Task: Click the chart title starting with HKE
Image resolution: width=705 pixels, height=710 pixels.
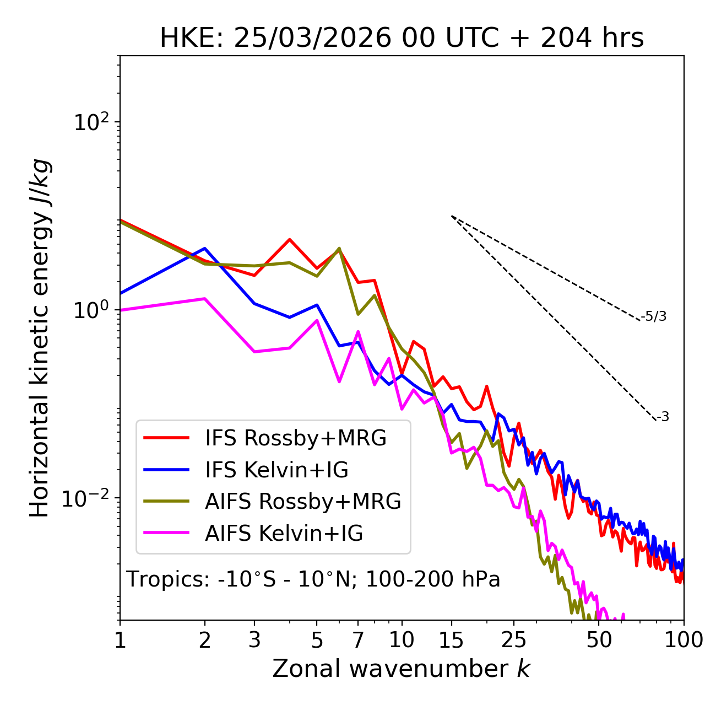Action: tap(402, 39)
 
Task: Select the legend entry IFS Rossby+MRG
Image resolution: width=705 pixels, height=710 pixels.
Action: tap(295, 438)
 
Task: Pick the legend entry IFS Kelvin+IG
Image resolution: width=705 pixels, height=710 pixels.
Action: tap(276, 470)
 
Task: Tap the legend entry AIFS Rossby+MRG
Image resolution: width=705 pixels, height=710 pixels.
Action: tap(303, 501)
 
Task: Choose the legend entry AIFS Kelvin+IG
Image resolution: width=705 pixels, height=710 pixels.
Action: tap(284, 533)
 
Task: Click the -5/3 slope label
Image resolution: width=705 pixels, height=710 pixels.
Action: tap(654, 316)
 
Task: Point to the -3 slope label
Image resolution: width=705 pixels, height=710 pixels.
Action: tap(663, 417)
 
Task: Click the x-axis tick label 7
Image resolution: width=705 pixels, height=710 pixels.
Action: tap(358, 640)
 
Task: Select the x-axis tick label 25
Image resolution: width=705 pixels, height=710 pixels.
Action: tap(514, 640)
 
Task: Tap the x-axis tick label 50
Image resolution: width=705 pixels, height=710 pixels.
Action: tap(599, 640)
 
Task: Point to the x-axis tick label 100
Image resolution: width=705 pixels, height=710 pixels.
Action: tap(683, 640)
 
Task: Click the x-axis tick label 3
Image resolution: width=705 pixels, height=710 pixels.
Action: tap(254, 640)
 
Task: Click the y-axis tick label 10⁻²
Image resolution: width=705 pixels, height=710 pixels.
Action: tap(88, 498)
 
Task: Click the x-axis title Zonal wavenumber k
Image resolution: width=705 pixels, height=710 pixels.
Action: tap(402, 669)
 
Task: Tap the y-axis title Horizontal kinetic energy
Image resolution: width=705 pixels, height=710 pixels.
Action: tap(40, 338)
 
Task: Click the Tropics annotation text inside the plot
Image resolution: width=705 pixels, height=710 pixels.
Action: tap(313, 579)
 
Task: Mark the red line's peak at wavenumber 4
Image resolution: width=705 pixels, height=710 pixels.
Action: tap(289, 239)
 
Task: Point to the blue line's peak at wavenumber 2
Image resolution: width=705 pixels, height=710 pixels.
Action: tap(205, 248)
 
